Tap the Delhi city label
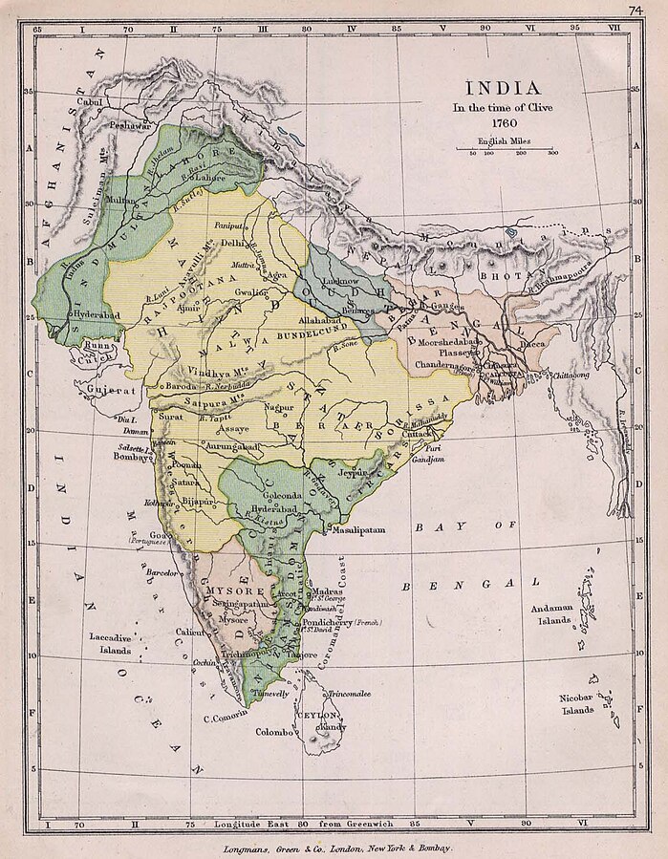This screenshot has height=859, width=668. pyautogui.click(x=233, y=243)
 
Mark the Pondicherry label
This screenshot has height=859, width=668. pyautogui.click(x=325, y=621)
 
